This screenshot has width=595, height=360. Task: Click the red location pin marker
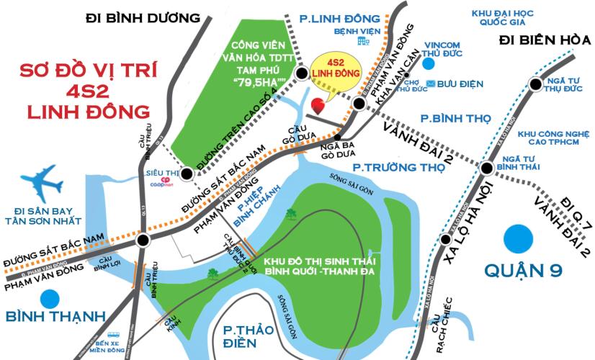pos(316,106)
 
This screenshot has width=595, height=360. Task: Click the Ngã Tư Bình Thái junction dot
pos(487,169)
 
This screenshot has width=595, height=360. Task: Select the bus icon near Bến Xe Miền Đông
pos(114,336)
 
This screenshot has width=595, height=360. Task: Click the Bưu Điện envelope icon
pos(430,84)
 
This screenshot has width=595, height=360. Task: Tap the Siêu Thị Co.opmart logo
pos(154,181)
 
